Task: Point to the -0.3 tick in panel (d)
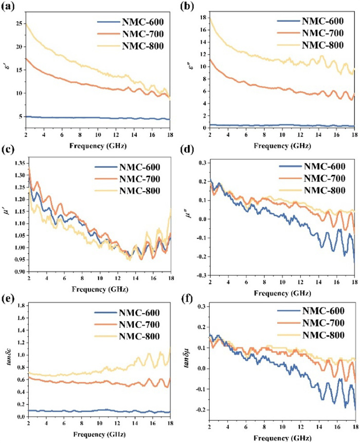[198, 275]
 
